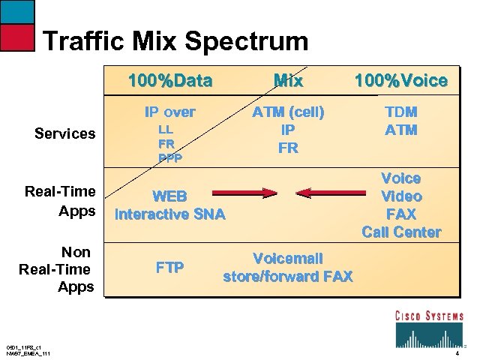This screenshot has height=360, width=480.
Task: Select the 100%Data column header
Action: click(x=170, y=80)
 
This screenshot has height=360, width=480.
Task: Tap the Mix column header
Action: click(x=288, y=80)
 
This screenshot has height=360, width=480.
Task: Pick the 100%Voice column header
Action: click(x=401, y=80)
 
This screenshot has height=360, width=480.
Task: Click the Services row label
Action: click(x=65, y=133)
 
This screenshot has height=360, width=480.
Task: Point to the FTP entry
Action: click(x=170, y=267)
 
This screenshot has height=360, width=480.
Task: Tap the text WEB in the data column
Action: click(x=170, y=197)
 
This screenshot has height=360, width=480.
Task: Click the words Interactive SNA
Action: click(x=169, y=214)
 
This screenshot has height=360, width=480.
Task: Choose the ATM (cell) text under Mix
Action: click(x=288, y=112)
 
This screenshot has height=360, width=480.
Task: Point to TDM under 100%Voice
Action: click(x=401, y=112)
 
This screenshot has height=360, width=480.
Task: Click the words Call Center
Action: click(x=401, y=232)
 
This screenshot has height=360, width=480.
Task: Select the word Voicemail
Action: click(x=288, y=258)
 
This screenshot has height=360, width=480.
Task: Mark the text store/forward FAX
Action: click(x=288, y=276)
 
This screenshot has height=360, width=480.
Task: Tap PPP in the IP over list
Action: click(x=170, y=157)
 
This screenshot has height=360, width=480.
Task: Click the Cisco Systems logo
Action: click(x=429, y=328)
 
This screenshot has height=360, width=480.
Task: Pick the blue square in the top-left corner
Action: click(x=16, y=11)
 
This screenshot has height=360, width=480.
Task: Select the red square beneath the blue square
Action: click(x=16, y=37)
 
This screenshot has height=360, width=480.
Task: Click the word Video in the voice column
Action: click(x=401, y=196)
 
